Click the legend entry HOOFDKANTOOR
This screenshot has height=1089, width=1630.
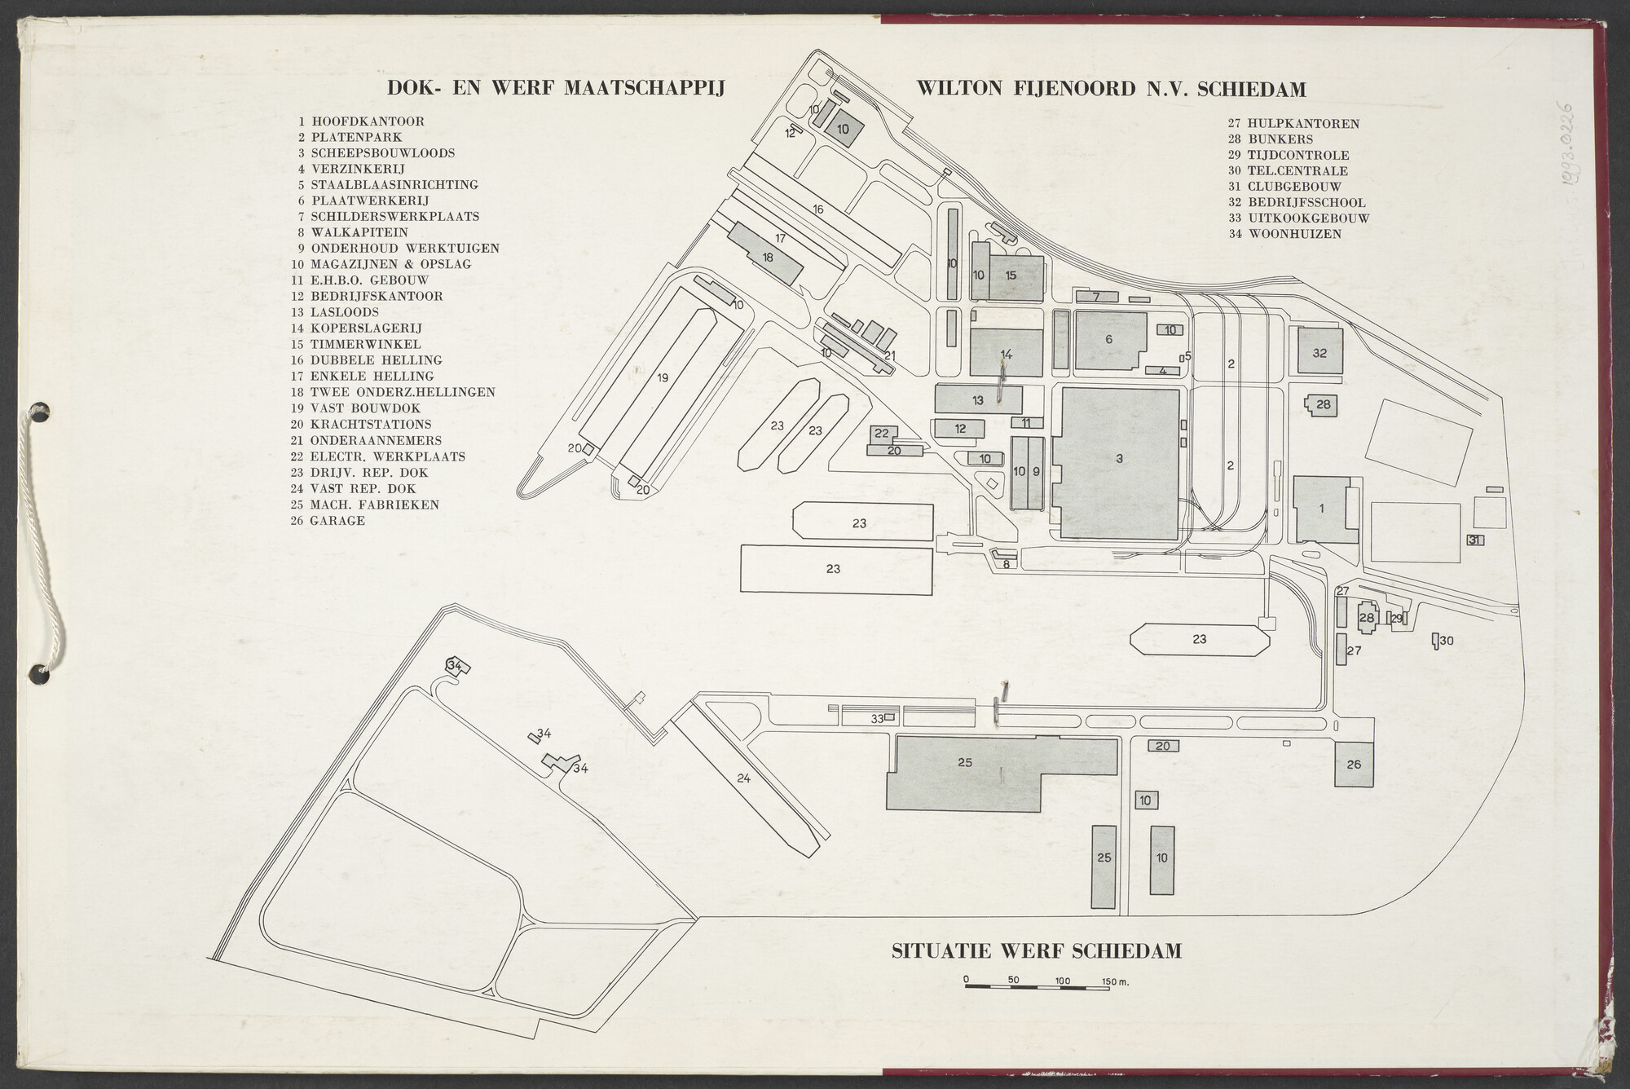point(368,121)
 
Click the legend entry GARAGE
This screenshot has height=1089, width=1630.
point(337,520)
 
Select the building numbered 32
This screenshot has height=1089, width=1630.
point(1320,351)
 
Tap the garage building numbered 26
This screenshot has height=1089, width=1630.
point(1354,765)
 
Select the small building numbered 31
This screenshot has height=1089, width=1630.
point(1474,540)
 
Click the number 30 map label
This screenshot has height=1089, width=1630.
point(1447,641)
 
